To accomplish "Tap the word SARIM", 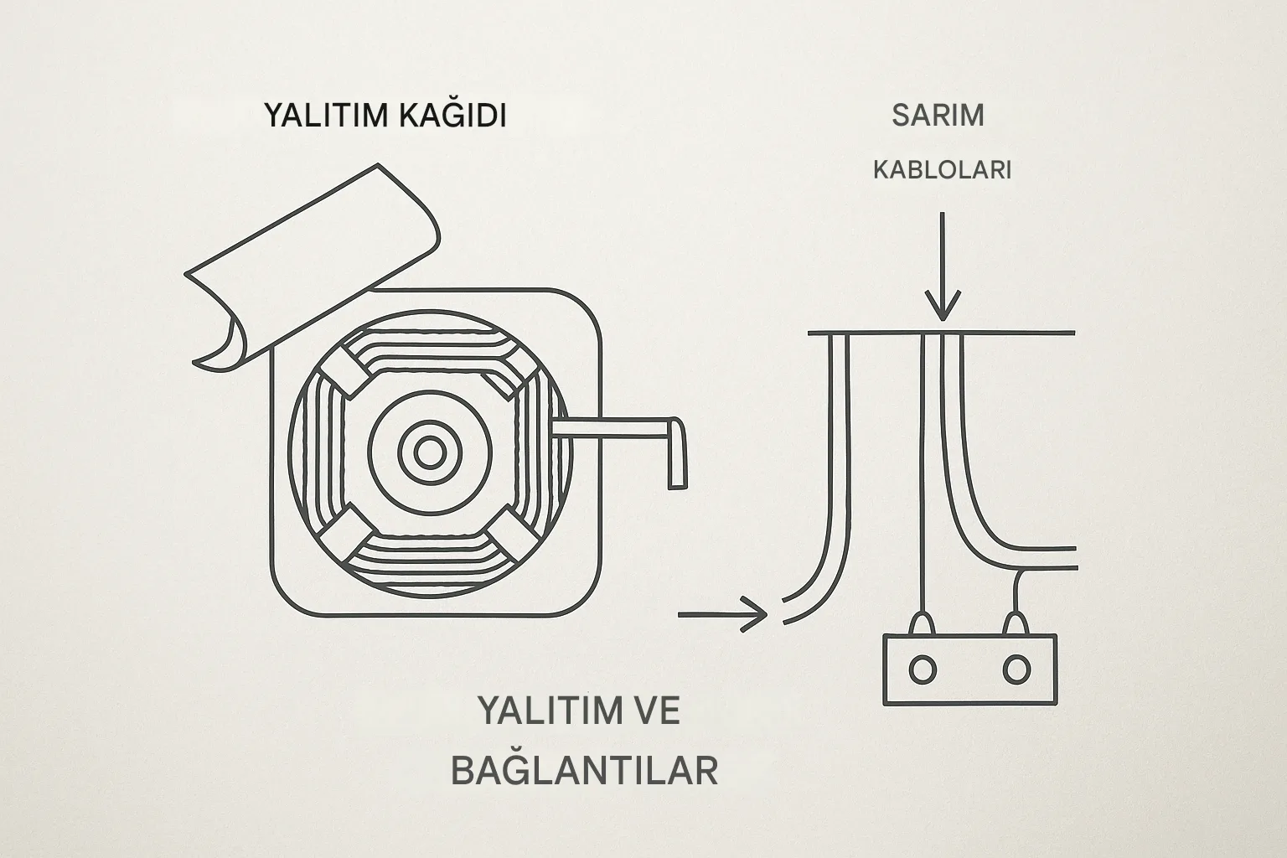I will (938, 115).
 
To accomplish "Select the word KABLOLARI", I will (942, 170).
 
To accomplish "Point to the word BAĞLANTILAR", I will (584, 770).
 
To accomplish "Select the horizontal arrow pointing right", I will (721, 615).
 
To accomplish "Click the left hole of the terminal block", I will (923, 669).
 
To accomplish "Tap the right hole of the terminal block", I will (1016, 669).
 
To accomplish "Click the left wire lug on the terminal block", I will (923, 623).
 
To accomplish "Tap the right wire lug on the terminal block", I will (1016, 623).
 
